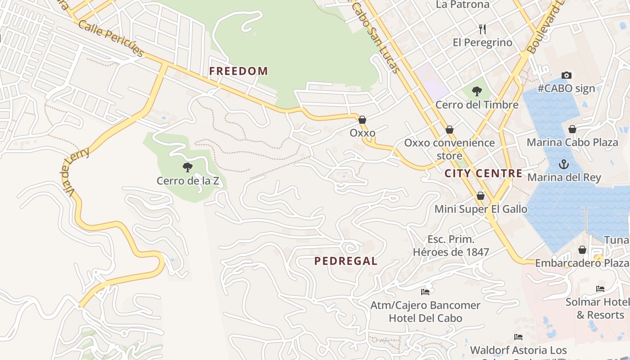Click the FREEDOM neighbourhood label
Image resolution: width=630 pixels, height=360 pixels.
coord(238,71)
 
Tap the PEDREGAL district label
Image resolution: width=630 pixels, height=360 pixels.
coord(346,261)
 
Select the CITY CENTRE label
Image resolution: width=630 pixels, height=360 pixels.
coord(484,173)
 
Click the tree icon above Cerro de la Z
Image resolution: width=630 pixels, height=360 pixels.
coord(188,167)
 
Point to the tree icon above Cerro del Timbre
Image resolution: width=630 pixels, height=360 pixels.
coord(477,91)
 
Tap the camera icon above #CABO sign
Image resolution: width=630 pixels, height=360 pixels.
coord(567,75)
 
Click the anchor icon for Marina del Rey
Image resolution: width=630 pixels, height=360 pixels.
coord(564,164)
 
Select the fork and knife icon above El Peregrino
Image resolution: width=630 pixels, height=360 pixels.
coord(482,29)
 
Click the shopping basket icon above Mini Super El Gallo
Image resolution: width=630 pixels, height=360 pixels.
coord(481,196)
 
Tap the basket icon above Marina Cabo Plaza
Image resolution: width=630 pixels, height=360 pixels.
coord(572,130)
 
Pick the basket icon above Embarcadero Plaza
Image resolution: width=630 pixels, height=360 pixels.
coord(582,250)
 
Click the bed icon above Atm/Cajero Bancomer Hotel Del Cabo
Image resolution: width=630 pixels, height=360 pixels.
coord(425,292)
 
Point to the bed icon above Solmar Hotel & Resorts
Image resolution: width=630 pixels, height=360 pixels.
coord(600,289)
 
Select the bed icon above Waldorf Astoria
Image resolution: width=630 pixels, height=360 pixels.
coord(518,337)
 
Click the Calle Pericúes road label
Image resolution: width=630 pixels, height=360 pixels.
coord(111,38)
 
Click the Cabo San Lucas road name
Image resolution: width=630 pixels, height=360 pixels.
coord(376,36)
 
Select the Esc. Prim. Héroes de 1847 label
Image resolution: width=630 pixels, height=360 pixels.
coord(451,246)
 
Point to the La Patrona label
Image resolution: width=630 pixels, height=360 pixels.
coord(463,4)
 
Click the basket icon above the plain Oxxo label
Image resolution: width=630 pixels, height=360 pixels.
coord(362,120)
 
